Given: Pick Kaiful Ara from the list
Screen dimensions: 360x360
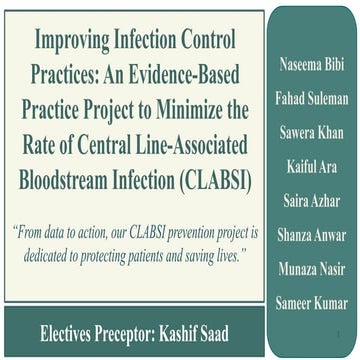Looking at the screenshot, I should [x=313, y=160].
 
